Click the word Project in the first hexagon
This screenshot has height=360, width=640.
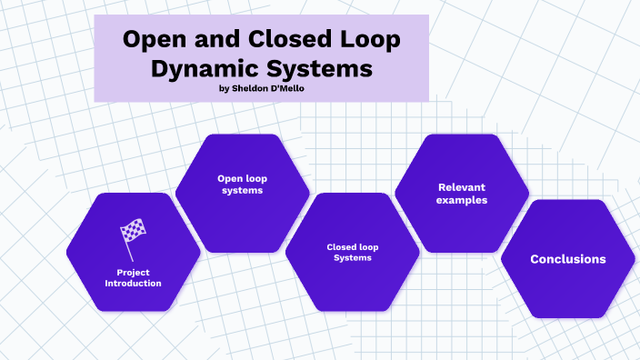pos(133,272)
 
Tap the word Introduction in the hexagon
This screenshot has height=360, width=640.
pos(133,283)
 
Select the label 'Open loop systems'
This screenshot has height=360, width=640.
pos(242,185)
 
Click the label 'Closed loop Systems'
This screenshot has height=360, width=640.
pos(352,252)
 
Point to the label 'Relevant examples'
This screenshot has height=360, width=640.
pos(461,193)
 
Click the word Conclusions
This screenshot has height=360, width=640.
pos(567,259)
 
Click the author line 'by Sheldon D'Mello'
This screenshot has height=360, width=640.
pos(261,88)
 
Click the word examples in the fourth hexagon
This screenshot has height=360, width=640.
pos(461,199)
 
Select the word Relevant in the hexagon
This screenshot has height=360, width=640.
pos(461,186)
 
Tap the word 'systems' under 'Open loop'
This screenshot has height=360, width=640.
pos(242,191)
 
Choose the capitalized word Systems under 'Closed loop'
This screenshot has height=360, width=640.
pos(352,258)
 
